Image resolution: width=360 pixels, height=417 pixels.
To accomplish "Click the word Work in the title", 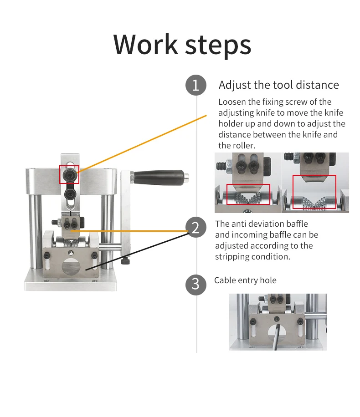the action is [146, 44].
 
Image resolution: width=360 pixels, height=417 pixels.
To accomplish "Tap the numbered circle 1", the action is [196, 86].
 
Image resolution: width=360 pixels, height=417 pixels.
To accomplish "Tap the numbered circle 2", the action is [196, 227].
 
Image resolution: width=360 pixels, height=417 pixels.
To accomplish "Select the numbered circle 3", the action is [196, 284].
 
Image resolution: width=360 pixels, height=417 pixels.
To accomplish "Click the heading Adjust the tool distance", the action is [278, 85].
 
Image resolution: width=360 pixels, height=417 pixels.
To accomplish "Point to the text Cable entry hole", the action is [245, 280].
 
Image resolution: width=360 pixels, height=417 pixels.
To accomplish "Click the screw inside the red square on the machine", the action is [69, 175].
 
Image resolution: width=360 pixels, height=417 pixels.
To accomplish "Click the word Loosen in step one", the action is [231, 102].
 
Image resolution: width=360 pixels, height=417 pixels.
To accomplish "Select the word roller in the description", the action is [243, 146].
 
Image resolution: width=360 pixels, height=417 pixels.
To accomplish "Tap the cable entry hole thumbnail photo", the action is [278, 322].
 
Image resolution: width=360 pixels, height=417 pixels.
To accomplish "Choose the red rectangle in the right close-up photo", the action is [314, 192].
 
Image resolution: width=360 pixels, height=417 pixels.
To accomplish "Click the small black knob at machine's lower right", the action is [126, 262].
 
